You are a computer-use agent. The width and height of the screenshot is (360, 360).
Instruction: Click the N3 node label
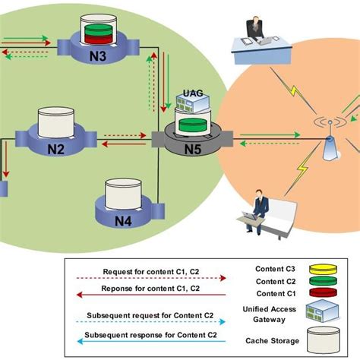coord(99,56)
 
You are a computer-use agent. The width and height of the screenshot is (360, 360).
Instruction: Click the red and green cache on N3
coord(99,33)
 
